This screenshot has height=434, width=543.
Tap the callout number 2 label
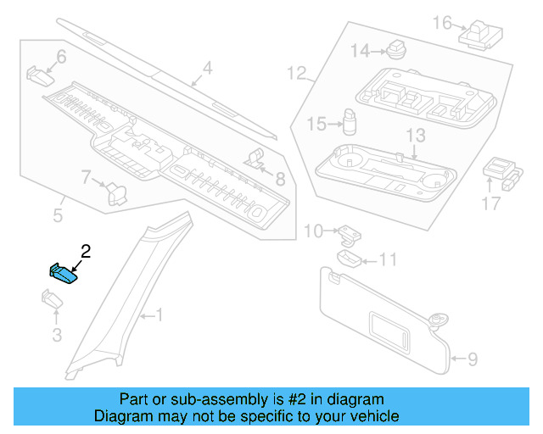(x=85, y=251)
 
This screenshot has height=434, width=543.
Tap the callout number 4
(x=207, y=69)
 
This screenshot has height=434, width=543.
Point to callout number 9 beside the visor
(x=473, y=359)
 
